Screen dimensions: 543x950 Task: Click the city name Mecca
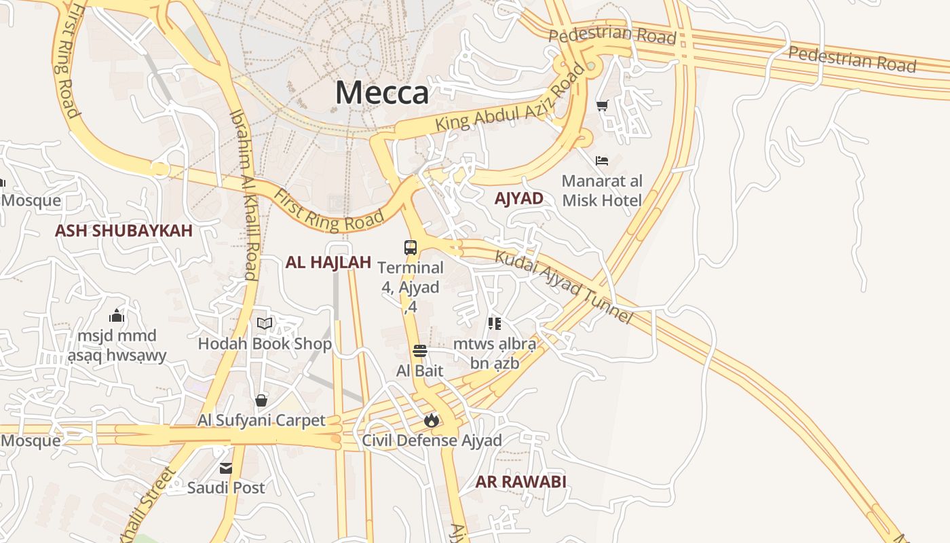(382, 93)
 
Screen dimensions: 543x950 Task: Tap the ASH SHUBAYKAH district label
(123, 231)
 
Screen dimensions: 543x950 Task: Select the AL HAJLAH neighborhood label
(328, 263)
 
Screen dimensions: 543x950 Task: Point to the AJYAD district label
(519, 198)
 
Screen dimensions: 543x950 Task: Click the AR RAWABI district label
(520, 482)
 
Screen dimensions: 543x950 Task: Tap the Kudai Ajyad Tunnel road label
(563, 287)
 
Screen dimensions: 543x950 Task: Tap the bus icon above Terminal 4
(411, 248)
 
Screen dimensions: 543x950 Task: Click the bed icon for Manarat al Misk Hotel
(601, 161)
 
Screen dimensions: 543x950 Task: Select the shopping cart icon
(602, 105)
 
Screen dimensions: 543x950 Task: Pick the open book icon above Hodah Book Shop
(265, 323)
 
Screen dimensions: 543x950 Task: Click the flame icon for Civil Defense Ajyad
(431, 421)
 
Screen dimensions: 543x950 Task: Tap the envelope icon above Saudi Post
(226, 468)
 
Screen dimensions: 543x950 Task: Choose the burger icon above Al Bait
(419, 351)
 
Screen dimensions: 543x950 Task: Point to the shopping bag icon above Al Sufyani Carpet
(261, 400)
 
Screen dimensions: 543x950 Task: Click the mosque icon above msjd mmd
(117, 316)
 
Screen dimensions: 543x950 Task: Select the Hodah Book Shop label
(265, 344)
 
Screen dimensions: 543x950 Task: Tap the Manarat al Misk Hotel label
(602, 191)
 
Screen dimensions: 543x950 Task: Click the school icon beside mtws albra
(494, 324)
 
